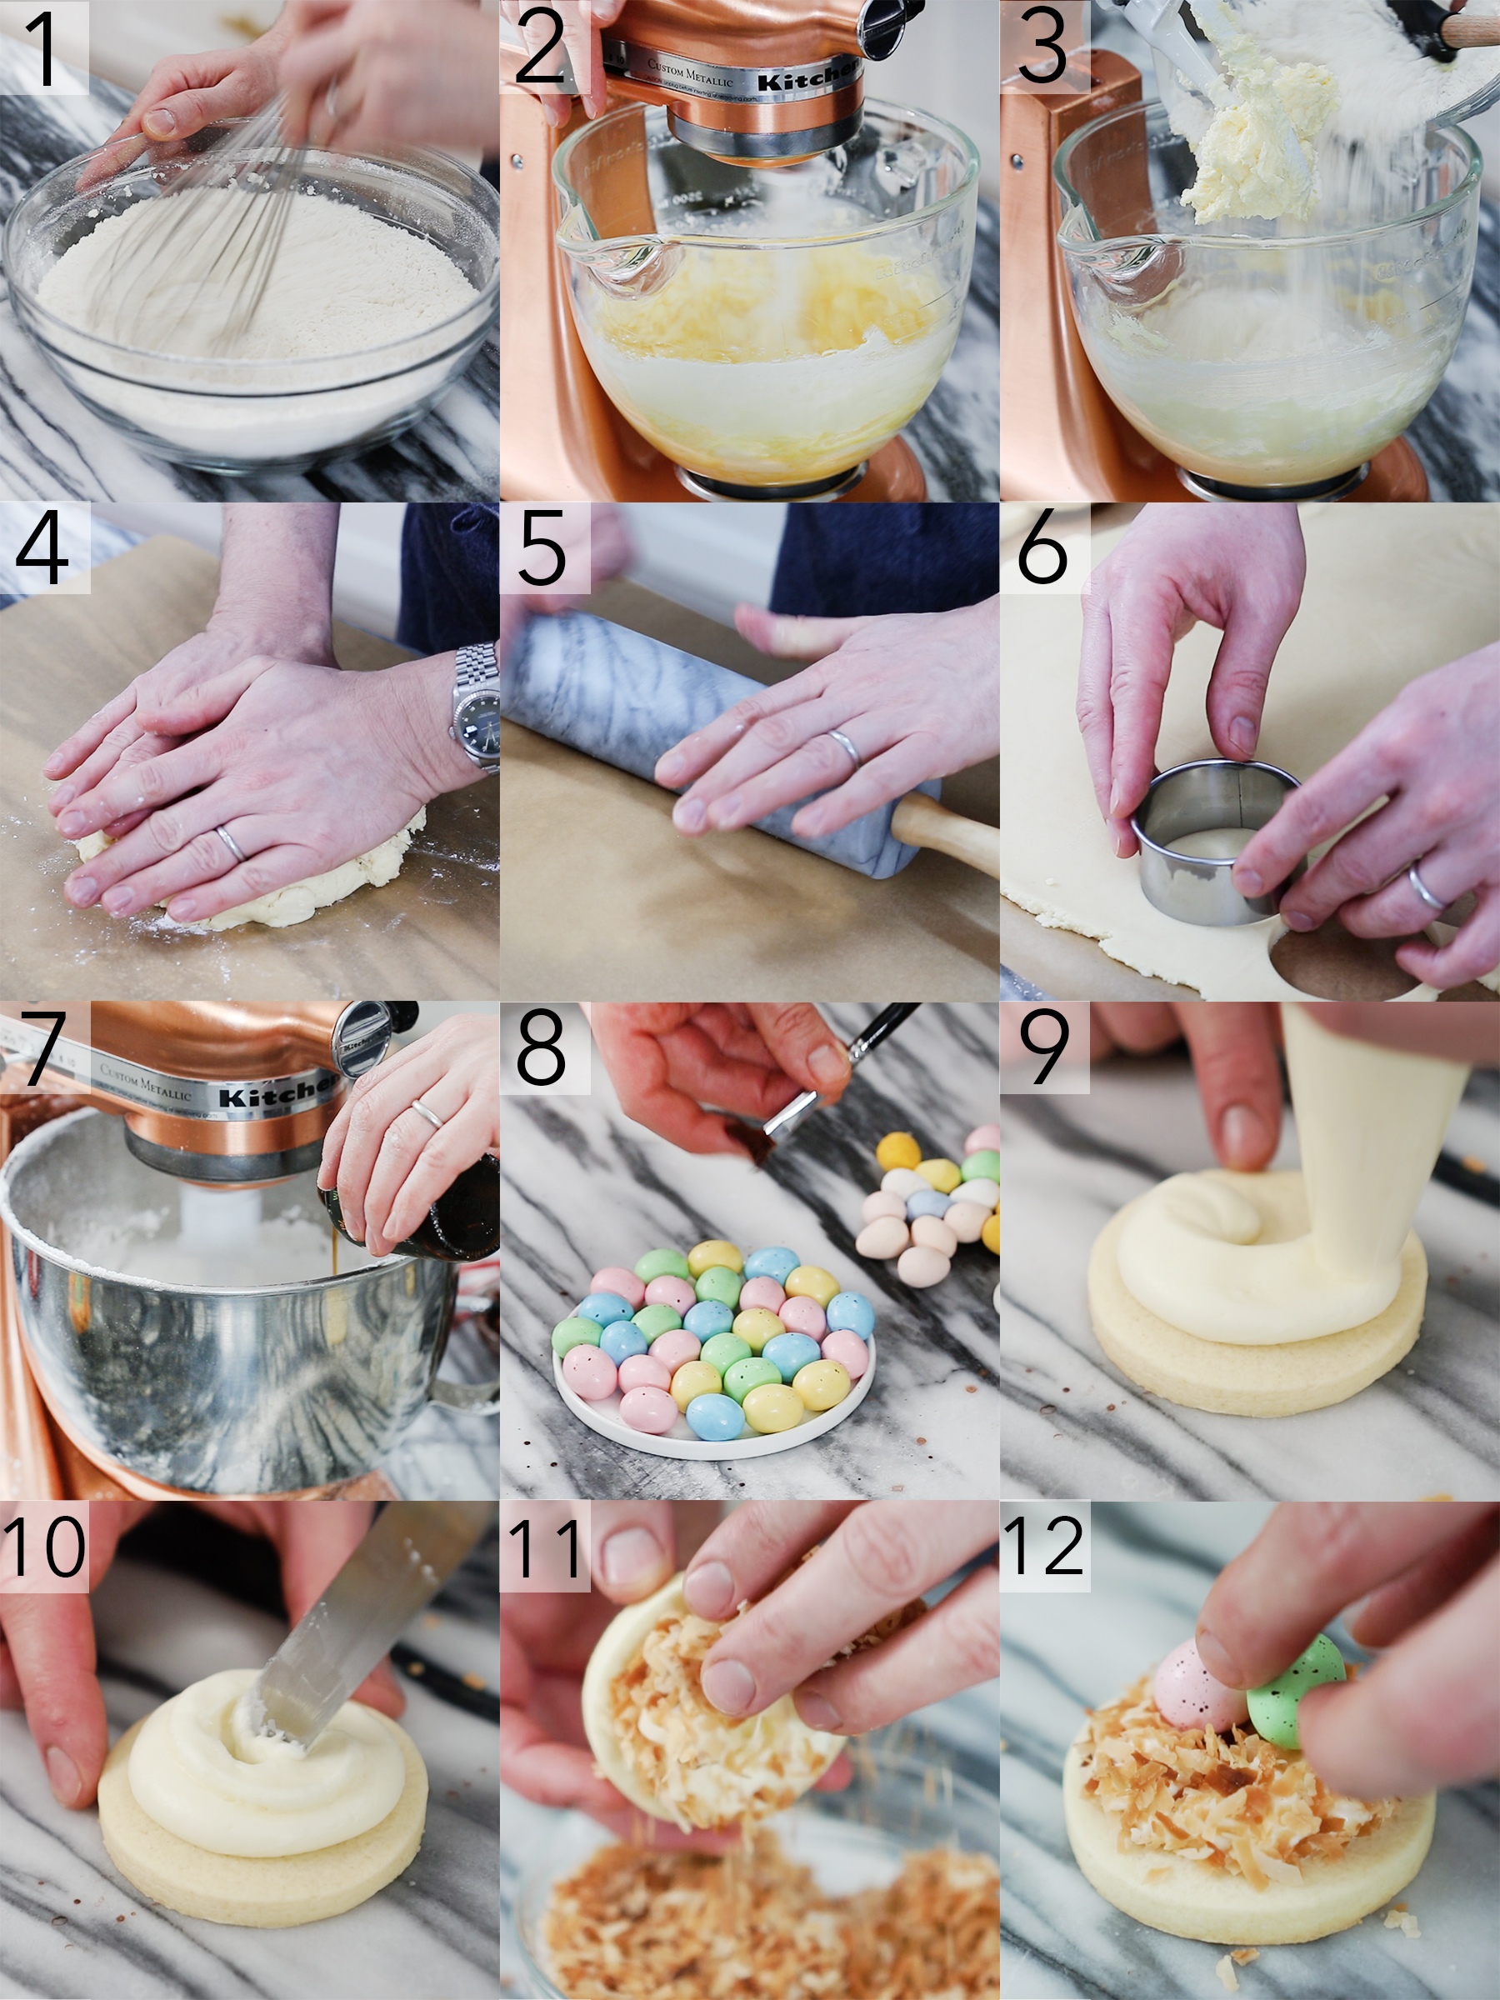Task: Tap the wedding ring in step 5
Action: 845,747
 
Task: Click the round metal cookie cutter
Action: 1202,841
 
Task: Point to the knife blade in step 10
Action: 352,1627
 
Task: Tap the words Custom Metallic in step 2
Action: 690,72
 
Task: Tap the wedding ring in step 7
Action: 427,1114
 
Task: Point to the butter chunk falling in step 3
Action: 1257,145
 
